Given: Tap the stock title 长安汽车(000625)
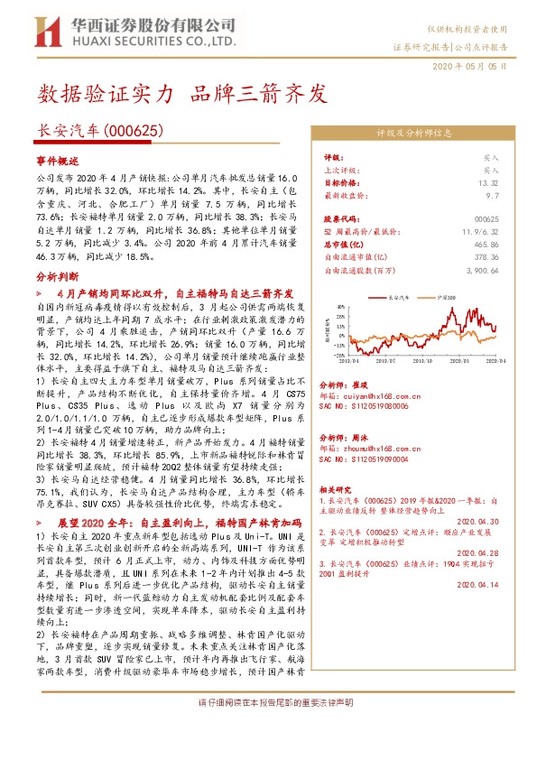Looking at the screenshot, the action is coord(99,132).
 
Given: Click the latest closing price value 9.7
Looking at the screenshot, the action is coord(491,195).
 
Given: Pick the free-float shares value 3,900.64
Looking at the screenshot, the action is coord(480,269).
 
